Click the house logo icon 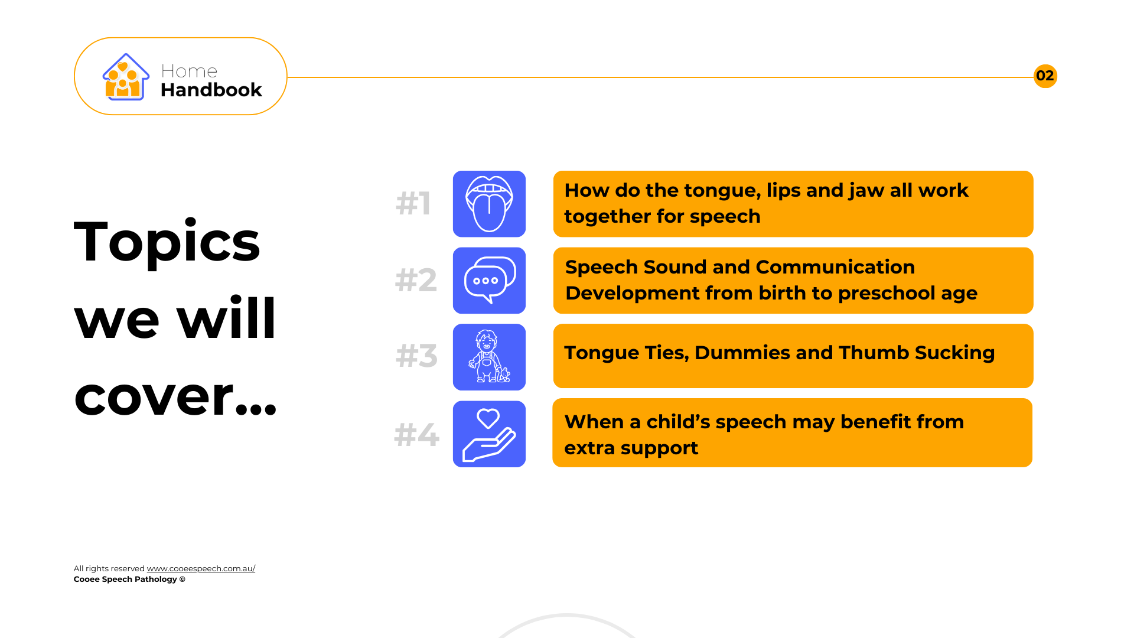pos(126,77)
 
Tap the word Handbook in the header pos(211,90)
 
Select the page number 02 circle pos(1045,76)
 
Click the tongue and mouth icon pos(489,204)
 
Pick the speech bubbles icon pos(489,281)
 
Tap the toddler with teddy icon pos(489,357)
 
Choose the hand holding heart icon pos(489,434)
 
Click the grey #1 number pos(413,203)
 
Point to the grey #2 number pos(416,280)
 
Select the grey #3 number pos(416,356)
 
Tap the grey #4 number pos(417,435)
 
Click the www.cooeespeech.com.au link pos(201,568)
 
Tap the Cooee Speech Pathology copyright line pos(129,579)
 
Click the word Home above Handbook pos(189,71)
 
